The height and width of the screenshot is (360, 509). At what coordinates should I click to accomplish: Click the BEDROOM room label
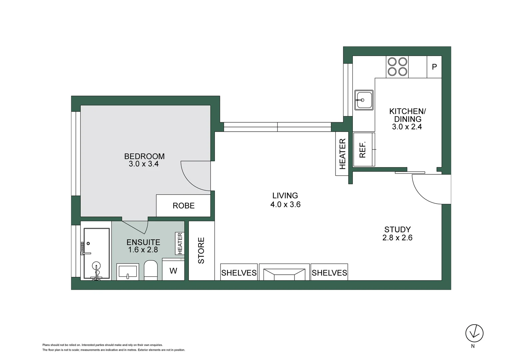144,156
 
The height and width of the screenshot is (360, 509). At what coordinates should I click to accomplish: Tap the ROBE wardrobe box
183,206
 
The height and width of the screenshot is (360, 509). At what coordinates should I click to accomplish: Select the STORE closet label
201,250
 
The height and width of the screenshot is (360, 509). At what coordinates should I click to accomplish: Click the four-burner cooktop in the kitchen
397,67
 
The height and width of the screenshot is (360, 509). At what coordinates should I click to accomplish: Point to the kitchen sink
363,100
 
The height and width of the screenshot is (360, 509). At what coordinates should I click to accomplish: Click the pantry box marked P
434,67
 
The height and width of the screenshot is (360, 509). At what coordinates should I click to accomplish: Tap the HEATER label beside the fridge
342,154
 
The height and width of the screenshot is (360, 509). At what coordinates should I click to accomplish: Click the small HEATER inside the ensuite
180,243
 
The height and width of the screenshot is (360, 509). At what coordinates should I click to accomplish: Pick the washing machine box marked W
173,271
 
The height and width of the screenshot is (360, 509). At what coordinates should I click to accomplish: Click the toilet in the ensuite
151,270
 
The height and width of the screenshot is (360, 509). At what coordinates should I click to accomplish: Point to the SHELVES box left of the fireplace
239,273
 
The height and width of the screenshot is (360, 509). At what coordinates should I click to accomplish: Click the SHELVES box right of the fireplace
329,273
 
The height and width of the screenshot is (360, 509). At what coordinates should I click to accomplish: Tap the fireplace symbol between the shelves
284,273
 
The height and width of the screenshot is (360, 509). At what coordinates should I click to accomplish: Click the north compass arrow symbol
474,333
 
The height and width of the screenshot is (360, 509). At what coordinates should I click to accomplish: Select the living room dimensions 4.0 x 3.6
285,204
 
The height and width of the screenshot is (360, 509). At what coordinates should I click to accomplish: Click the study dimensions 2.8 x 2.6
397,238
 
